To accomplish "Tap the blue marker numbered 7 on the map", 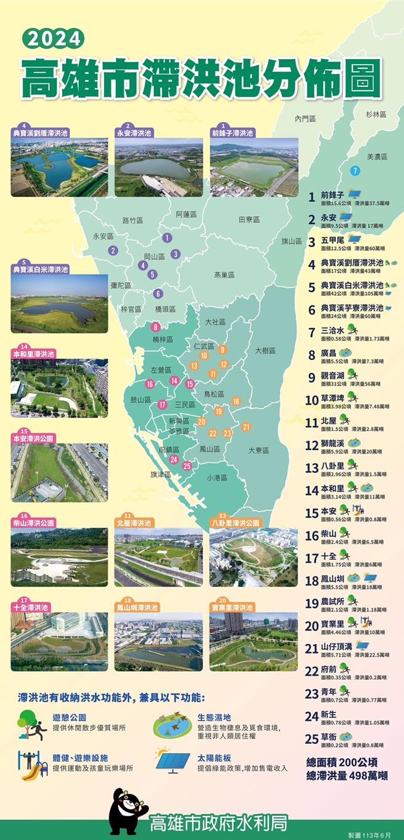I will point(354,171).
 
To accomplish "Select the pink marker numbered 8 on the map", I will point(156,327).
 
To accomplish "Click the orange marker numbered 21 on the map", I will point(246,427).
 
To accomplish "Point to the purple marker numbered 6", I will point(158,294).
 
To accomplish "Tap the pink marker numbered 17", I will point(163,405).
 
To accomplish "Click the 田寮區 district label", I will point(249,219).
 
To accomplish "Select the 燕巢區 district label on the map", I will point(224,275).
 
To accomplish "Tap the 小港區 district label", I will point(217,477).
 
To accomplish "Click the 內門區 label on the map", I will point(305,118).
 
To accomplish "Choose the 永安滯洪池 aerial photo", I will point(158,167).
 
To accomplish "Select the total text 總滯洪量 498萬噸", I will point(347,776).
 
